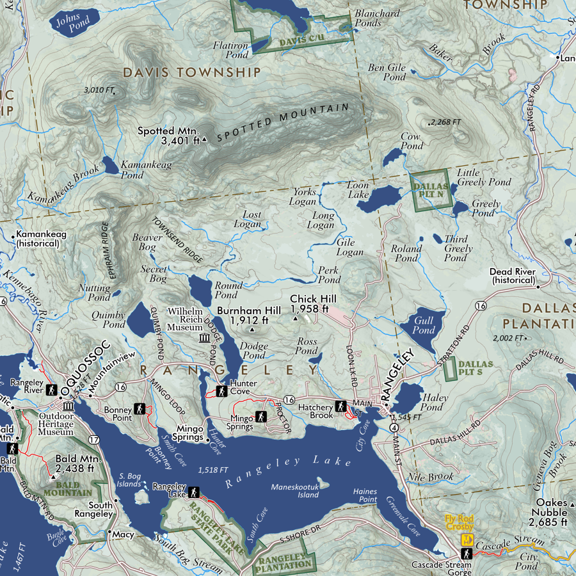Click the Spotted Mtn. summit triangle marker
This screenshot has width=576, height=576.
(x=204, y=139)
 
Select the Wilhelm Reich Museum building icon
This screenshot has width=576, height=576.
(x=204, y=338)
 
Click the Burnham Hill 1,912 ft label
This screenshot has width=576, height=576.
(x=249, y=315)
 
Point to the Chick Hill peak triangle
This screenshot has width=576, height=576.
(x=295, y=318)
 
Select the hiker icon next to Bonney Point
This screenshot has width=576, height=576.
(x=141, y=409)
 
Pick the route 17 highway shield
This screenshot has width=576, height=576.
(x=95, y=440)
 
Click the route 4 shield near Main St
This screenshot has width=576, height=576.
(x=392, y=428)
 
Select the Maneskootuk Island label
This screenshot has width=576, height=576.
(x=294, y=490)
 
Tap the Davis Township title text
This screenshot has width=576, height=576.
(x=192, y=72)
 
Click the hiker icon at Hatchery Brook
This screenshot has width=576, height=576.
(x=341, y=406)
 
